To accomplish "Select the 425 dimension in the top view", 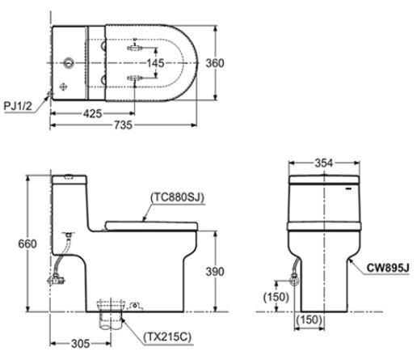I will tap(93, 114).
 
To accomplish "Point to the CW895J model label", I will tap(388, 265).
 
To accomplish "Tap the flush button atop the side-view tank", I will tap(68, 176).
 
